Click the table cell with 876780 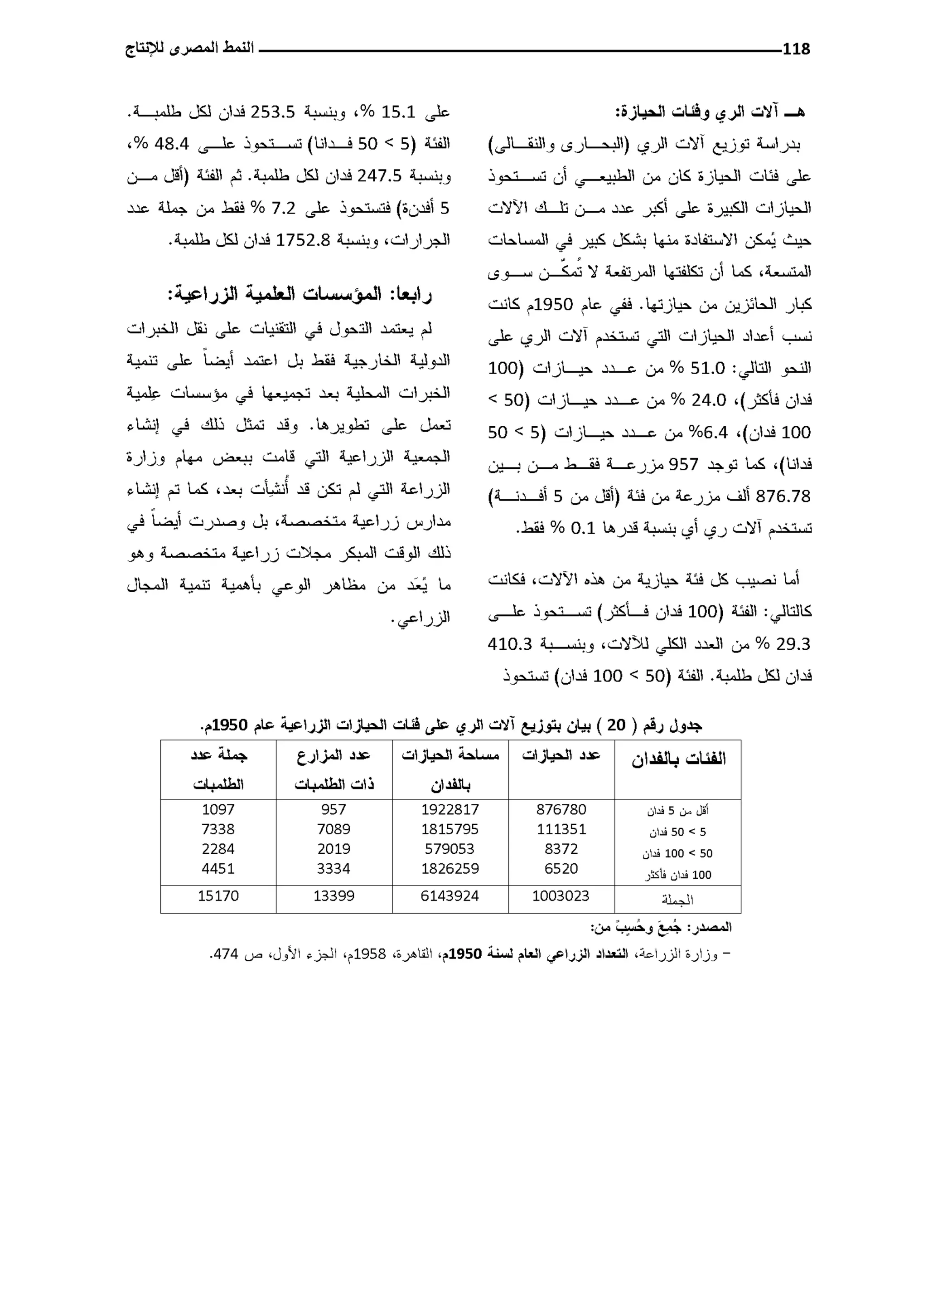coord(561,809)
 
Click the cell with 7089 coord(333,829)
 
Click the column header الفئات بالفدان coord(678,759)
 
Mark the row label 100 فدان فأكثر coord(678,875)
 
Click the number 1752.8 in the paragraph coord(303,240)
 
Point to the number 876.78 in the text coord(783,496)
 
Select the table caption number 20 coord(616,725)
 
